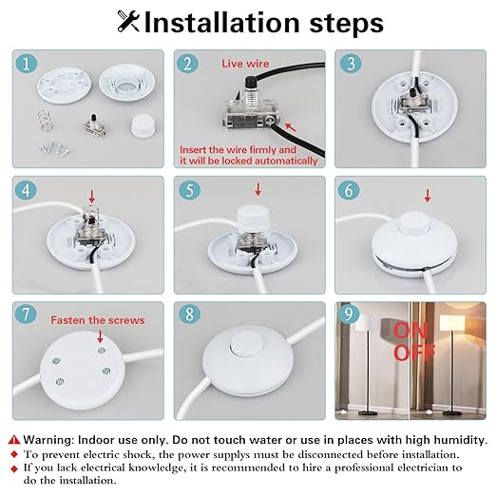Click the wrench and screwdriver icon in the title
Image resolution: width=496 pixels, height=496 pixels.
point(128,21)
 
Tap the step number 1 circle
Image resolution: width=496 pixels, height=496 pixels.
point(27,64)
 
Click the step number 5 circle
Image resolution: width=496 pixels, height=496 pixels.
point(189,190)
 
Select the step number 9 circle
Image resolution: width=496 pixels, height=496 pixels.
point(349,314)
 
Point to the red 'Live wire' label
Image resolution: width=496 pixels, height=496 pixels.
point(245,64)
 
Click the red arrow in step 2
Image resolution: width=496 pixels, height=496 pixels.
point(291,127)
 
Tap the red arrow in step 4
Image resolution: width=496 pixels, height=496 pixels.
point(91,197)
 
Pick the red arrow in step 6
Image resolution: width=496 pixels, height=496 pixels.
point(428,196)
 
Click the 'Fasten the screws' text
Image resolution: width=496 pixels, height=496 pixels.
point(98,320)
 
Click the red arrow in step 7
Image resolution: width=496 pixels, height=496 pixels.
point(100,336)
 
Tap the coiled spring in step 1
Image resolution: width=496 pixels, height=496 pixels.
point(45,120)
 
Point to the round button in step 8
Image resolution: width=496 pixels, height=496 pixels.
point(247,344)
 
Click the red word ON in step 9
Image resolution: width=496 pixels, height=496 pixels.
point(410,331)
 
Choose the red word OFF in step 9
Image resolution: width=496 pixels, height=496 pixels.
point(414,352)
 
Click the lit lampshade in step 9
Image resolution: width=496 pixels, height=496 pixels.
point(452,323)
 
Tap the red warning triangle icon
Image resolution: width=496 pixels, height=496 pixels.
point(14,439)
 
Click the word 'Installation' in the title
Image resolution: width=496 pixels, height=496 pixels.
point(221,23)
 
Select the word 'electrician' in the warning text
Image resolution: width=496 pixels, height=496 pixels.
point(422,467)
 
